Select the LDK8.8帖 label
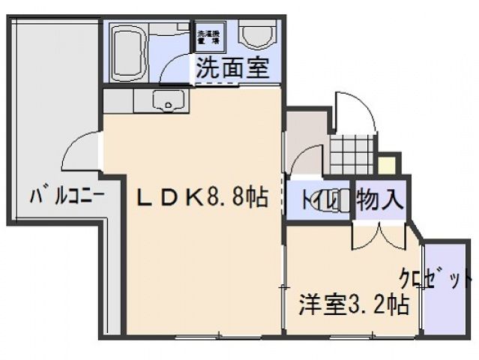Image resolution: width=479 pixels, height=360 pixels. pyautogui.click(x=201, y=197)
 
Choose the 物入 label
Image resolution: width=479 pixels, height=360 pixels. pyautogui.click(x=380, y=199)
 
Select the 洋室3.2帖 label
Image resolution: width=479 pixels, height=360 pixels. pyautogui.click(x=354, y=306)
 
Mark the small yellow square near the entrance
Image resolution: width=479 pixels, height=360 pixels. pyautogui.click(x=387, y=165)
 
